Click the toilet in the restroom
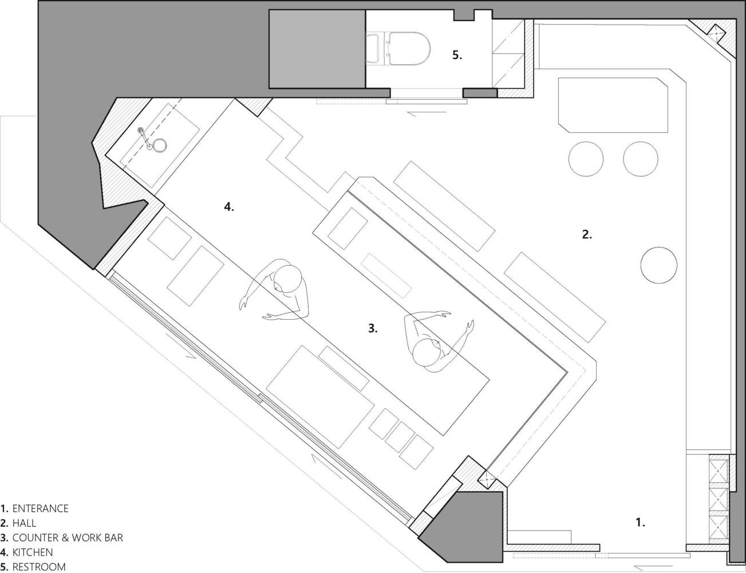click(x=398, y=49)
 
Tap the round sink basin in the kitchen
click(x=160, y=146)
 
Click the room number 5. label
click(x=457, y=55)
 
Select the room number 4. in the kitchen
click(x=229, y=207)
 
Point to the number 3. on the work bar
click(x=373, y=328)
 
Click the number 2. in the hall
click(x=587, y=234)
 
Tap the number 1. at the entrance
click(x=640, y=523)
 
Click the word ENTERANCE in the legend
click(x=41, y=508)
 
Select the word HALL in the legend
click(x=24, y=523)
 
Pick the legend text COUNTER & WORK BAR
click(x=68, y=537)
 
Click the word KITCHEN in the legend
click(x=33, y=552)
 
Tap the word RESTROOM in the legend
click(x=39, y=567)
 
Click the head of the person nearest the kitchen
click(x=287, y=278)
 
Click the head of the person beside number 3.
click(x=427, y=352)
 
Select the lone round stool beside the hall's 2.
click(x=659, y=265)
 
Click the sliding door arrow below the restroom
click(x=427, y=113)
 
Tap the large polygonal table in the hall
click(x=613, y=105)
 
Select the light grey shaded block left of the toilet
click(x=317, y=49)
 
